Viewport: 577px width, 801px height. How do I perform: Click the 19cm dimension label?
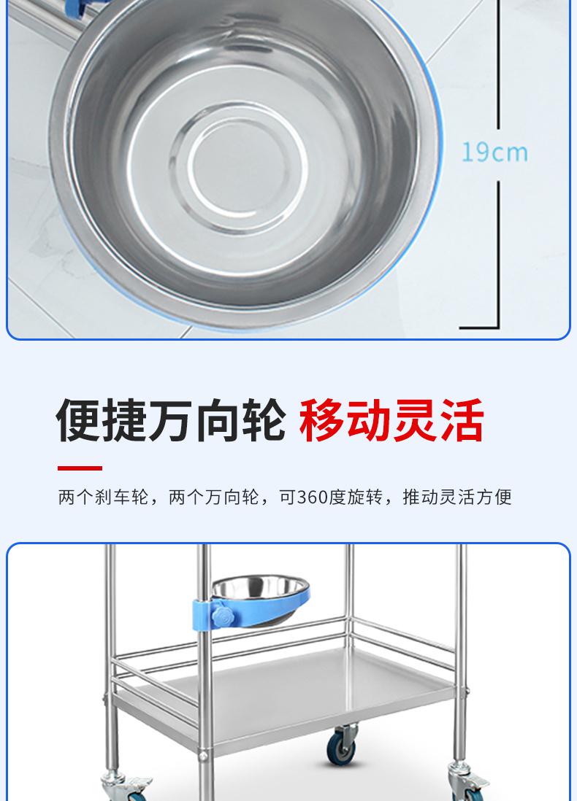click(494, 152)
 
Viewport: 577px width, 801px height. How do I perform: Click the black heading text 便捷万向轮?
click(171, 420)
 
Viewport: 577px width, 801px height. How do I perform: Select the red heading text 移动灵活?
click(391, 420)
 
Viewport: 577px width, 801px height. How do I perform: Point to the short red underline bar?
click(80, 468)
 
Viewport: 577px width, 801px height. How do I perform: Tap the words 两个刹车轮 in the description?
click(103, 497)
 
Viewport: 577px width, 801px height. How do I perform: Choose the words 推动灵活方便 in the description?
click(457, 497)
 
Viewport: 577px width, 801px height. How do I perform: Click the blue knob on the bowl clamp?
click(223, 616)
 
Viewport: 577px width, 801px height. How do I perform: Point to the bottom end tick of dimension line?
click(479, 327)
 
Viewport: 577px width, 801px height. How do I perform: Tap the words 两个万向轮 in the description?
click(214, 497)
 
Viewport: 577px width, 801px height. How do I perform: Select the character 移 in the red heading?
click(321, 420)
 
